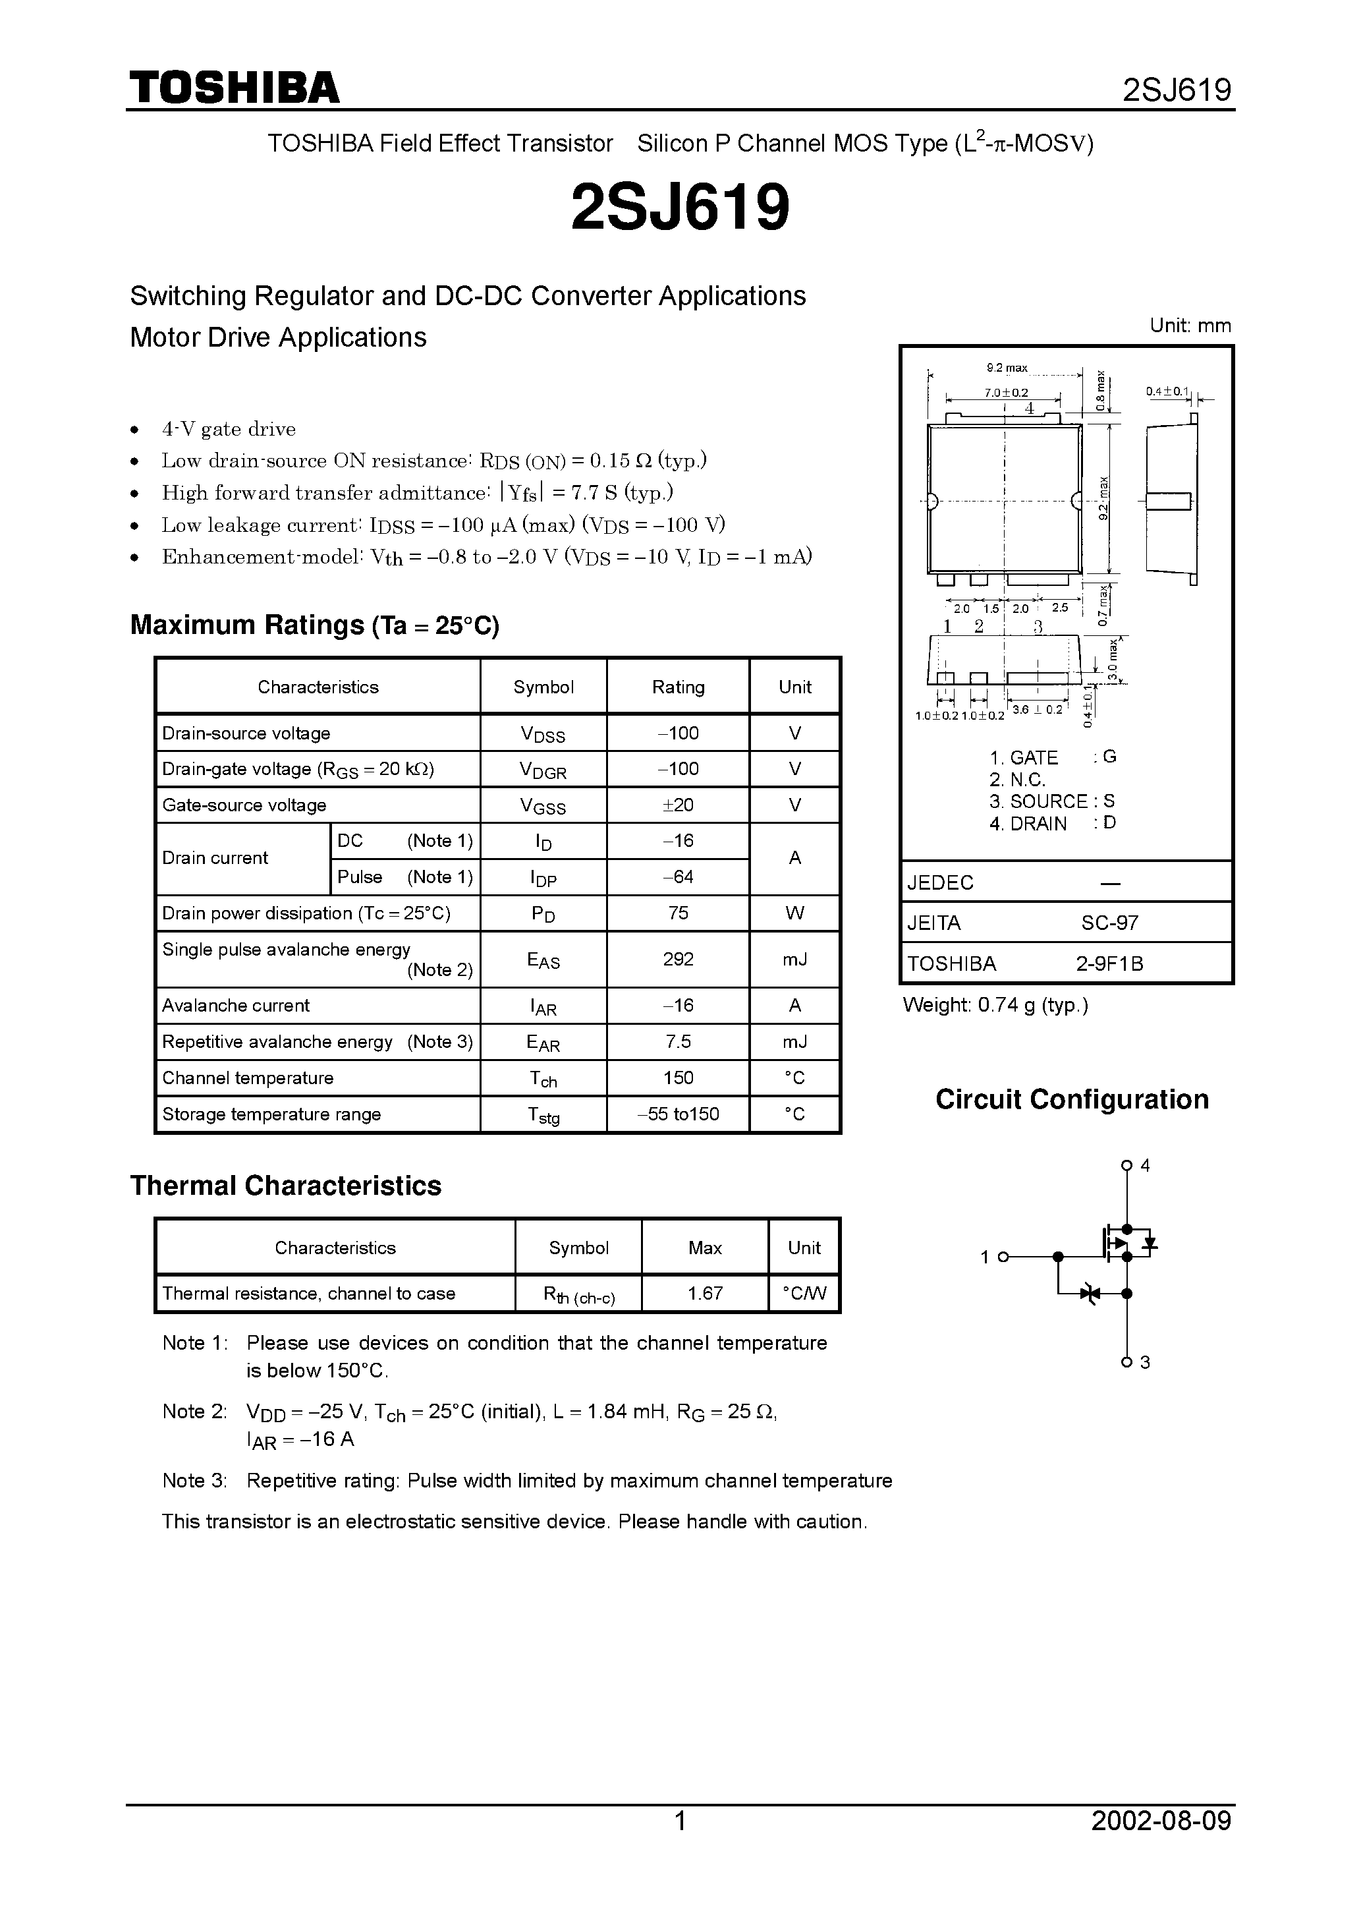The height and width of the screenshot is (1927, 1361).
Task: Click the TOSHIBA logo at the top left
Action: coord(234,87)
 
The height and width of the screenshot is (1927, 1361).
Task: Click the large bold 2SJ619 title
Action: coord(680,208)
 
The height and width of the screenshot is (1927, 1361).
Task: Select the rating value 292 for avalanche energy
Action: coord(678,958)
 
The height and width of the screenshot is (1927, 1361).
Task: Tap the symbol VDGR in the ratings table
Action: coord(543,770)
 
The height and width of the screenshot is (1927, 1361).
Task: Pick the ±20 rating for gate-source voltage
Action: coord(678,805)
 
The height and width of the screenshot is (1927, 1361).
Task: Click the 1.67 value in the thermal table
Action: coord(705,1293)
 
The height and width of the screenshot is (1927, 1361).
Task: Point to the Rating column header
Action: coord(678,687)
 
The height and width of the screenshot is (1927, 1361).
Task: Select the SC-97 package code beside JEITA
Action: coord(1109,923)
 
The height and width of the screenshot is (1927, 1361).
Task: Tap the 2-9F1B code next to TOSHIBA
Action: coord(1109,963)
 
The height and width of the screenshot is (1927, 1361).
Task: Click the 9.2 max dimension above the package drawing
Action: coord(1006,368)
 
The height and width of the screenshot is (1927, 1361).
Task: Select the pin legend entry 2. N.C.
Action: coord(1017,779)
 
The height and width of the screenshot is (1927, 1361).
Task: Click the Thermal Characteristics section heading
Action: coord(285,1185)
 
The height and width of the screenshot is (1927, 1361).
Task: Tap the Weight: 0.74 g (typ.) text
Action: coord(995,1004)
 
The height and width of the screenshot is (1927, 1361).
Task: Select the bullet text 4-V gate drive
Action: coord(228,429)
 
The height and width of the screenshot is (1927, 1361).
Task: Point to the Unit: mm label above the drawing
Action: coord(1190,326)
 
